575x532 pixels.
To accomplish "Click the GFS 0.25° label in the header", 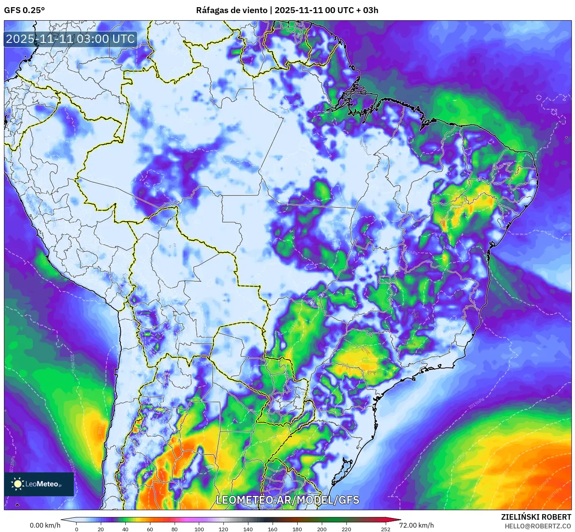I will click(x=24, y=10).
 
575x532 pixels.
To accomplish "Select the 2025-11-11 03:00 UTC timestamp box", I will click(x=70, y=39).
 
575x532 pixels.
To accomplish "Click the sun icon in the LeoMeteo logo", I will click(x=17, y=484).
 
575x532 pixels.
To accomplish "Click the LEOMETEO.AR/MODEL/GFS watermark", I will click(x=287, y=500).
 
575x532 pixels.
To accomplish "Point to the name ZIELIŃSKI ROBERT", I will click(x=536, y=517).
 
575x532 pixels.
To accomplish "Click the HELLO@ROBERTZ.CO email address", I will click(x=537, y=526).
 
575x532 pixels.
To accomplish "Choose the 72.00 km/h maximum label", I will click(x=417, y=525).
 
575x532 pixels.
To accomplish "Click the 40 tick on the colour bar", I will click(x=125, y=529).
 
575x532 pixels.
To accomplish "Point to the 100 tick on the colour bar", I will click(x=199, y=529).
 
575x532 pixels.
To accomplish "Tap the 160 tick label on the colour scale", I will click(x=273, y=529).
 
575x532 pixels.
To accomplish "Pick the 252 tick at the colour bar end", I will click(x=386, y=529).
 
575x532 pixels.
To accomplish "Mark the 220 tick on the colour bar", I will click(x=346, y=529).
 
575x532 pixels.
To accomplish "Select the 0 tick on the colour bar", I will click(x=77, y=529).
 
